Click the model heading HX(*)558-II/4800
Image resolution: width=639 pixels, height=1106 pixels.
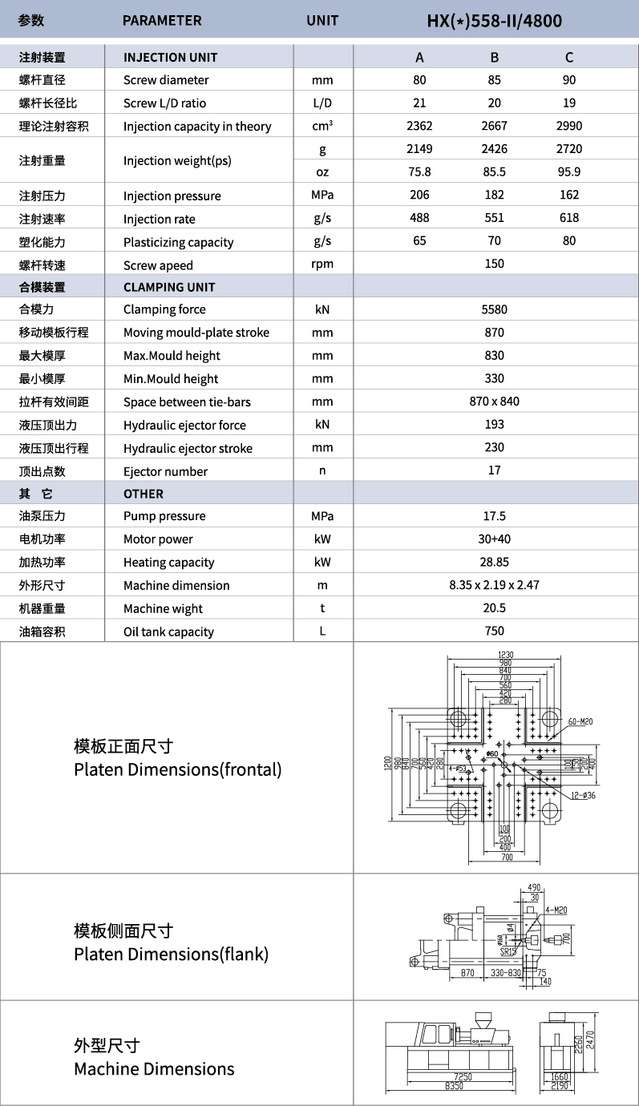click(495, 20)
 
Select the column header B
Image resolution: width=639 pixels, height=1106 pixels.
click(495, 57)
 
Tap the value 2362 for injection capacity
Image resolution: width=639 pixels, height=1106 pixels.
click(419, 126)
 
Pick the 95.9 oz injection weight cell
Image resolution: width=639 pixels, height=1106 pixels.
click(569, 172)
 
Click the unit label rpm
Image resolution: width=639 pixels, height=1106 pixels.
click(322, 264)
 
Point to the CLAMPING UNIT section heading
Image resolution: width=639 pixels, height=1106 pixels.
click(169, 287)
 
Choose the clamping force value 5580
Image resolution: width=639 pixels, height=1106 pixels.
click(495, 309)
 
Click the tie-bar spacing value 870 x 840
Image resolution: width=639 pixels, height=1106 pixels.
click(495, 402)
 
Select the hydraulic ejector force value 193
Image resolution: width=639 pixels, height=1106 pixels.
click(495, 425)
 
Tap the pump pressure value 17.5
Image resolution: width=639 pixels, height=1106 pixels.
click(495, 516)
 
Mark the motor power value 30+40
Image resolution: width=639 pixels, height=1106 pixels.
click(495, 539)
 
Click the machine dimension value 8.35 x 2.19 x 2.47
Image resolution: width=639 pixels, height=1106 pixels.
click(495, 585)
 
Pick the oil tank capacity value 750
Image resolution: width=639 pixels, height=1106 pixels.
click(495, 632)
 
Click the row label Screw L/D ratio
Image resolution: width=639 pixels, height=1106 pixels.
click(164, 103)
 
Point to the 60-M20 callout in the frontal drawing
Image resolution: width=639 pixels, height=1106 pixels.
click(579, 722)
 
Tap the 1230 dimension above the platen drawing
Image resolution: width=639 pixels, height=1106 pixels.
click(505, 655)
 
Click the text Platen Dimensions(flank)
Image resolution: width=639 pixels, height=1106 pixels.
click(171, 955)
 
